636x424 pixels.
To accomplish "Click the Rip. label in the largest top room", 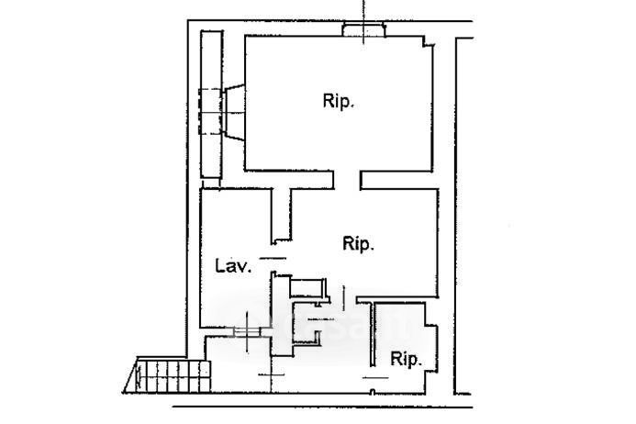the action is click(x=339, y=102).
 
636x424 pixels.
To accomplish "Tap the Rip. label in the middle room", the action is click(x=358, y=244).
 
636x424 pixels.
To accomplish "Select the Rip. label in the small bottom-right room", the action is click(x=406, y=359).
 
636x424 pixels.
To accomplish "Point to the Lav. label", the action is click(x=233, y=266).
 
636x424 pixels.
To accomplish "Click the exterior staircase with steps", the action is click(x=171, y=376).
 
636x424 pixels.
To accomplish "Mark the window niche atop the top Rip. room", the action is click(x=363, y=30).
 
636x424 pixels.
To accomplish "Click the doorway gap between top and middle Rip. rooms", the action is click(x=347, y=180).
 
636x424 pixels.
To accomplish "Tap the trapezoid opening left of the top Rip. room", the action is click(x=234, y=112).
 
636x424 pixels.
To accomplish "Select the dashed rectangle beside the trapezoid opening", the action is click(x=209, y=112).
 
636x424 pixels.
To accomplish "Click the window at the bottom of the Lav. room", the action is click(x=248, y=331).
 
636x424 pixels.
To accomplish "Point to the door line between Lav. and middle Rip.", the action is click(x=273, y=258).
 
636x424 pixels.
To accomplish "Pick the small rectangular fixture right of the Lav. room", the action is click(x=308, y=287).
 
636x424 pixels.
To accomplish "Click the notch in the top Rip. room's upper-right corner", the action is click(x=429, y=41).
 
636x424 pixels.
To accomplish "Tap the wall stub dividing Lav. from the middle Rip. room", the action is click(x=282, y=216).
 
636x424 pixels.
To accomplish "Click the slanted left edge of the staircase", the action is click(x=130, y=376).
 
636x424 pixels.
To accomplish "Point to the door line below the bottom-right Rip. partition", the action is click(x=375, y=378).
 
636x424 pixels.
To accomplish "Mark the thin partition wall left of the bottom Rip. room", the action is click(x=373, y=334).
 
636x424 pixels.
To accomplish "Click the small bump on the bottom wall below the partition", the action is click(x=374, y=392).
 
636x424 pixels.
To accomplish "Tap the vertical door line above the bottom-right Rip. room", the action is click(x=344, y=298).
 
